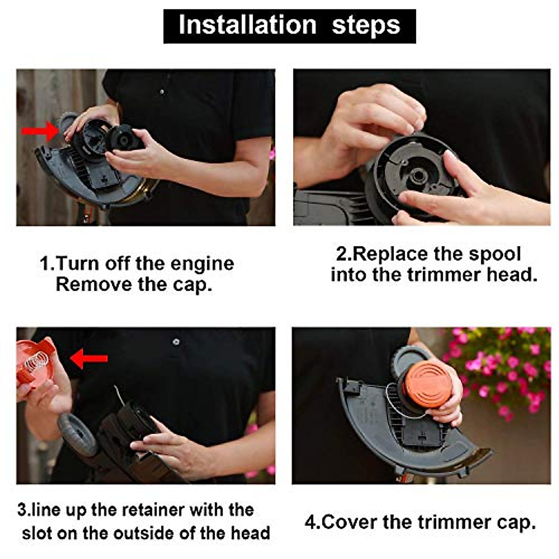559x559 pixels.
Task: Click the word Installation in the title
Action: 247,25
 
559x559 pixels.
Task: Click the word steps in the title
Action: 366,25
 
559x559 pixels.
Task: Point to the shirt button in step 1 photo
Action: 162,92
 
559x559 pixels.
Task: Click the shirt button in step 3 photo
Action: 176,342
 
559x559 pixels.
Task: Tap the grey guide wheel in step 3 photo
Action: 77,434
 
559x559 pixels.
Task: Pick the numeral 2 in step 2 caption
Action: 341,254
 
